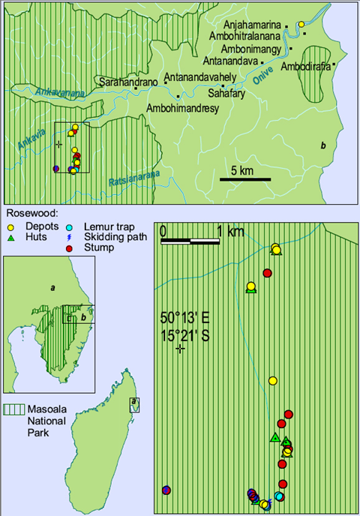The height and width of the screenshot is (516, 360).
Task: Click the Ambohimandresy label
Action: pos(182,108)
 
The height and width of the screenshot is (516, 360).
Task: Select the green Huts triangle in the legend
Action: pos(11,236)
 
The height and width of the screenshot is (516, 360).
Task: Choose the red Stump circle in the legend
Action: pos(70,247)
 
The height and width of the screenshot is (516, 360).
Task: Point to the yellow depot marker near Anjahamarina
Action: pos(301,25)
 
